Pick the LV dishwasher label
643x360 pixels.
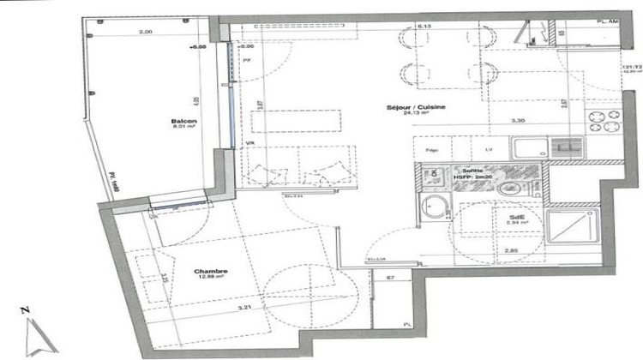(x=489, y=149)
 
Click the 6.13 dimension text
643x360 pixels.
(x=424, y=27)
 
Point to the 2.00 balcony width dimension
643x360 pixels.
(x=147, y=32)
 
